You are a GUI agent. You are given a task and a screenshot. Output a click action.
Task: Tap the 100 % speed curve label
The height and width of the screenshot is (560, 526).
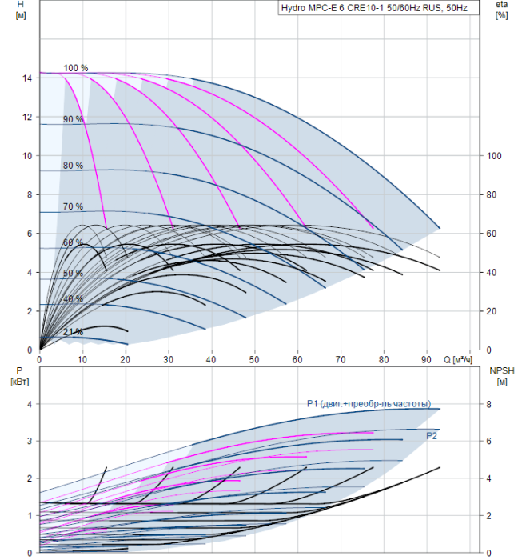click(x=76, y=68)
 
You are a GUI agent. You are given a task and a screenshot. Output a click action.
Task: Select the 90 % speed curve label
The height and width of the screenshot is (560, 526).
click(x=74, y=119)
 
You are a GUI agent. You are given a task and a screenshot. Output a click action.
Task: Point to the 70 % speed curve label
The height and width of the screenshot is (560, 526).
click(x=74, y=206)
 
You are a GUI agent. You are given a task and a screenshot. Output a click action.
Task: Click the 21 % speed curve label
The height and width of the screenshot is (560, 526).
click(x=74, y=332)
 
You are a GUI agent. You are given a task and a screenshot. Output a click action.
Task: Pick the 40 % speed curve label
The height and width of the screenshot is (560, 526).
click(x=74, y=299)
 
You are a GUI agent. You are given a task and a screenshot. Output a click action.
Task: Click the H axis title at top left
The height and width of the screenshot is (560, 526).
click(x=21, y=10)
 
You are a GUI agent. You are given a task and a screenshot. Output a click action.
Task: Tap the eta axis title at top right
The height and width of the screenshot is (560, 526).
click(x=502, y=10)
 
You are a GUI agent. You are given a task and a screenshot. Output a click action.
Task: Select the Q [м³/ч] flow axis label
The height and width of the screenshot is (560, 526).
click(x=458, y=360)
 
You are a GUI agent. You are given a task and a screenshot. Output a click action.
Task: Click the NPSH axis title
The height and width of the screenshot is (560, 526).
click(x=502, y=376)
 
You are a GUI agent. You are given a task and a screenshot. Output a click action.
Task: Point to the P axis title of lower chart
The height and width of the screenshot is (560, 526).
click(x=20, y=376)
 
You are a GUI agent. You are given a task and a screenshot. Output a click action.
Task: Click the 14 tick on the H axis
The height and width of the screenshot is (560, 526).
click(x=27, y=78)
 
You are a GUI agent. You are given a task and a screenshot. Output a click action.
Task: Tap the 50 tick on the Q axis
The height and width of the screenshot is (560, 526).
click(x=254, y=360)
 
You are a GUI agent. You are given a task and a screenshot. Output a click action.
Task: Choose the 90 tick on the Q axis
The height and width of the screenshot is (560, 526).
click(x=426, y=360)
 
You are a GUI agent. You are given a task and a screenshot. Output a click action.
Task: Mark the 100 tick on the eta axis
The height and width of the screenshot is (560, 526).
click(x=494, y=156)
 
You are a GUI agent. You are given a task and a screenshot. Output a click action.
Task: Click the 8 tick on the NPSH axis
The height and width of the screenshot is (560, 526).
click(x=489, y=405)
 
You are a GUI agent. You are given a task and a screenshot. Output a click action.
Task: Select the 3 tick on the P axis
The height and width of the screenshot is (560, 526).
click(x=30, y=441)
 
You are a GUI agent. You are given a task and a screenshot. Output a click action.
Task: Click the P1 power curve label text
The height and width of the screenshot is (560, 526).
click(x=369, y=404)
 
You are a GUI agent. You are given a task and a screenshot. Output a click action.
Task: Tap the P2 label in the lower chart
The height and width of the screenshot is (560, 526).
click(x=432, y=436)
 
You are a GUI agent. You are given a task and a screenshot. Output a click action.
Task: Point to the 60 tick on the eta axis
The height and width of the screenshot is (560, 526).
click(x=492, y=234)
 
